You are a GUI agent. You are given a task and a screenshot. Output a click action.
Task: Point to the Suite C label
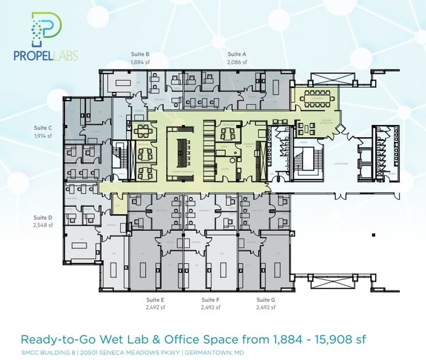tap(42, 128)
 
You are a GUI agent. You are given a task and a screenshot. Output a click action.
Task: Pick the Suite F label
tap(210, 300)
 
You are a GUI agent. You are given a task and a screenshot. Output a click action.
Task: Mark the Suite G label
tap(265, 300)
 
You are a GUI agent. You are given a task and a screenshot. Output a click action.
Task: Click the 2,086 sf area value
tap(237, 62)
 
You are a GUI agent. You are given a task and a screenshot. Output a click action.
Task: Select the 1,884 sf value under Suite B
tap(140, 62)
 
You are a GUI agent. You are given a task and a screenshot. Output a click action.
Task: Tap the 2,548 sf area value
tap(42, 225)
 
